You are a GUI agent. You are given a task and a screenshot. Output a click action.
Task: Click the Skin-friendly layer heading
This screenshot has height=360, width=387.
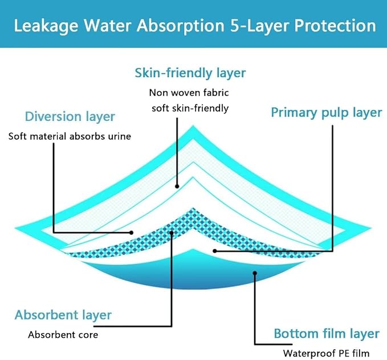pos(190,73)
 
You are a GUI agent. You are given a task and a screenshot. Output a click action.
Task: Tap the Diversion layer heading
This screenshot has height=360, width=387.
pos(70,117)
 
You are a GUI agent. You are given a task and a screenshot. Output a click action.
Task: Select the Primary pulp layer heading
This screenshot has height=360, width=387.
pos(326,112)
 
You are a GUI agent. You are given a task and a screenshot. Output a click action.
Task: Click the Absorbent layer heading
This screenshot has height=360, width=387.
pos(63,315)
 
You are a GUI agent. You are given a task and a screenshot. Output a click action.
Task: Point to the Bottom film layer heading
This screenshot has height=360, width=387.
pos(326,333)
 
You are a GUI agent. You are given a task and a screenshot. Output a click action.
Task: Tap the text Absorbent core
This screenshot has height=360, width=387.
pos(63,334)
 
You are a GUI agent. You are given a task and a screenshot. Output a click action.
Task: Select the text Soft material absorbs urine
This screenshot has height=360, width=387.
pos(70,136)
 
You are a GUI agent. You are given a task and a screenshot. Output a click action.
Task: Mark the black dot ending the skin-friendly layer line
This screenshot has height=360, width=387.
pos(177,185)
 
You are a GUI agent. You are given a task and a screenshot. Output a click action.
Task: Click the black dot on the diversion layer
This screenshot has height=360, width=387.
pos(131,232)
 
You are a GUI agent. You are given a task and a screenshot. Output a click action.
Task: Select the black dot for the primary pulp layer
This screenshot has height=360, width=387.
pos(214,250)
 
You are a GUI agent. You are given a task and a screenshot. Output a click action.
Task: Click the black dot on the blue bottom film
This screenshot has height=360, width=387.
pos(254,273)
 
